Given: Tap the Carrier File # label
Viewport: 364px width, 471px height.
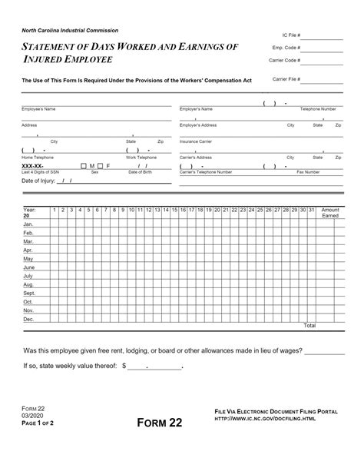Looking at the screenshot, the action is (x=286, y=79).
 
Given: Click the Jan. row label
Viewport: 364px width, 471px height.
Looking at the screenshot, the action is (x=28, y=224).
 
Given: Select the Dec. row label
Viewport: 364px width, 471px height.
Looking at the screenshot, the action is (x=29, y=318).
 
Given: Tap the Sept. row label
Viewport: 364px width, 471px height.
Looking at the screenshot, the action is (x=30, y=293).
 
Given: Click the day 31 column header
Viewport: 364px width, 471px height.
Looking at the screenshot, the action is (x=311, y=209).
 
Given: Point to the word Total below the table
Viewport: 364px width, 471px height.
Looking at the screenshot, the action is (x=309, y=326).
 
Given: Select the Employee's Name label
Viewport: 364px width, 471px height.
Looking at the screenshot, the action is (x=38, y=109).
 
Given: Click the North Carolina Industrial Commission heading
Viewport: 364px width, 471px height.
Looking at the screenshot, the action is (x=69, y=30).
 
